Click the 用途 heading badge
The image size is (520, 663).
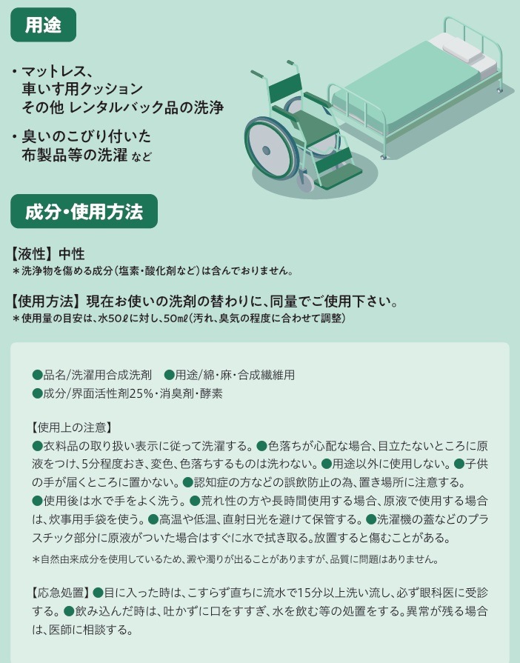[43, 25]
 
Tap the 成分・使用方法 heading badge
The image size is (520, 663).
[84, 211]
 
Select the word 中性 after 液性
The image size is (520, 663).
[71, 253]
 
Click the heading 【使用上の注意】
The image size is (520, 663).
[72, 427]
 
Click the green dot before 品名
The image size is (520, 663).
[38, 375]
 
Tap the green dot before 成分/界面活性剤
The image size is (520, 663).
[38, 393]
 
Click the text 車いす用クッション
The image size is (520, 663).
[82, 89]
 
